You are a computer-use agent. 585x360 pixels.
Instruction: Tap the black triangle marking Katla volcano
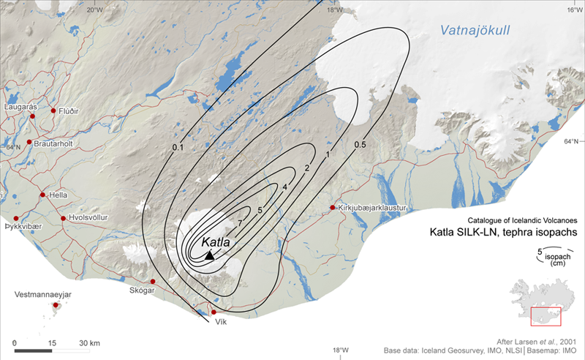click(x=210, y=255)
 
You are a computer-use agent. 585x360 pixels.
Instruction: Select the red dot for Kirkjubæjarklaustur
click(x=333, y=208)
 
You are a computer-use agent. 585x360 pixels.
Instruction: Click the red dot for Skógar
click(x=153, y=282)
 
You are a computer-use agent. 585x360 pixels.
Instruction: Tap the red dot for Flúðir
click(x=53, y=110)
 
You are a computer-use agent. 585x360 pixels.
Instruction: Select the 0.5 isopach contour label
click(x=360, y=145)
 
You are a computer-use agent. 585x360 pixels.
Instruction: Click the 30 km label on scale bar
click(x=90, y=343)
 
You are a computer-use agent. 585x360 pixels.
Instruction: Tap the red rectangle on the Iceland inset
click(x=546, y=315)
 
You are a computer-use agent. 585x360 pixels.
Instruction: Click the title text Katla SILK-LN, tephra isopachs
click(x=503, y=232)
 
